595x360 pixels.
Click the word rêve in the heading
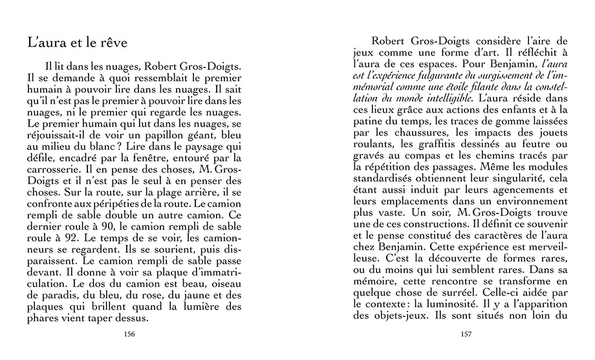click(x=112, y=43)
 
